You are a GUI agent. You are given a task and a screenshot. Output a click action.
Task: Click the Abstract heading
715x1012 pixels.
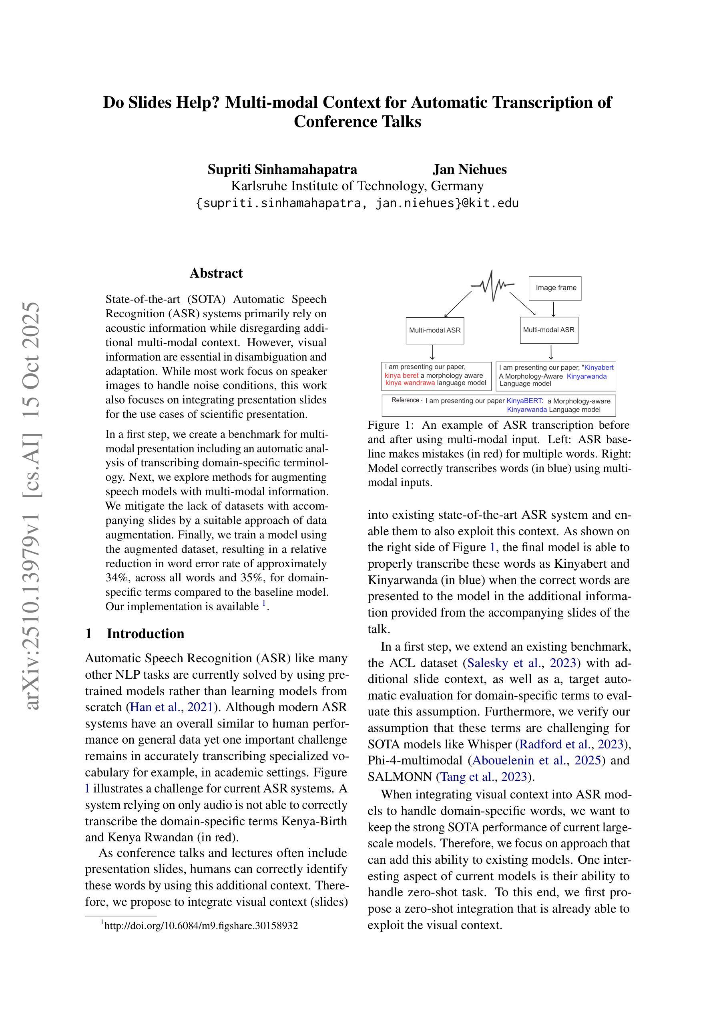pos(216,273)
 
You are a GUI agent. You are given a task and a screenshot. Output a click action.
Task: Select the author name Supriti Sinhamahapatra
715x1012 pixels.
pos(282,169)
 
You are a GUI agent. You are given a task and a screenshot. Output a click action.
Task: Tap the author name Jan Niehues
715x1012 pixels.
pos(469,169)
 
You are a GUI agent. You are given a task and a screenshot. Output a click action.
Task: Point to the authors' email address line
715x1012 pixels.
pos(357,203)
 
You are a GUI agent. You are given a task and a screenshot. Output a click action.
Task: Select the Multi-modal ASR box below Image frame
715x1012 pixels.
pos(548,330)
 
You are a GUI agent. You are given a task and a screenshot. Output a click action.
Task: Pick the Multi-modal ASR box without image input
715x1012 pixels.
pos(435,330)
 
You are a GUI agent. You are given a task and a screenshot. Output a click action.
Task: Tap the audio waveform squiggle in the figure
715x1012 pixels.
pos(492,286)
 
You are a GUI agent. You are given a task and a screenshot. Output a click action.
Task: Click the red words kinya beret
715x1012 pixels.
pos(401,375)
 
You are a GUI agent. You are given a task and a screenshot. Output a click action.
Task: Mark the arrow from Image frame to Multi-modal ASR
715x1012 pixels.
pos(554,309)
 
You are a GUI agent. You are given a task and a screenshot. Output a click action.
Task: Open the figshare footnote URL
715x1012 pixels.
pos(201,925)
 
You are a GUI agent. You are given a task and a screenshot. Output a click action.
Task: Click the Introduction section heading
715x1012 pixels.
pos(145,634)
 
